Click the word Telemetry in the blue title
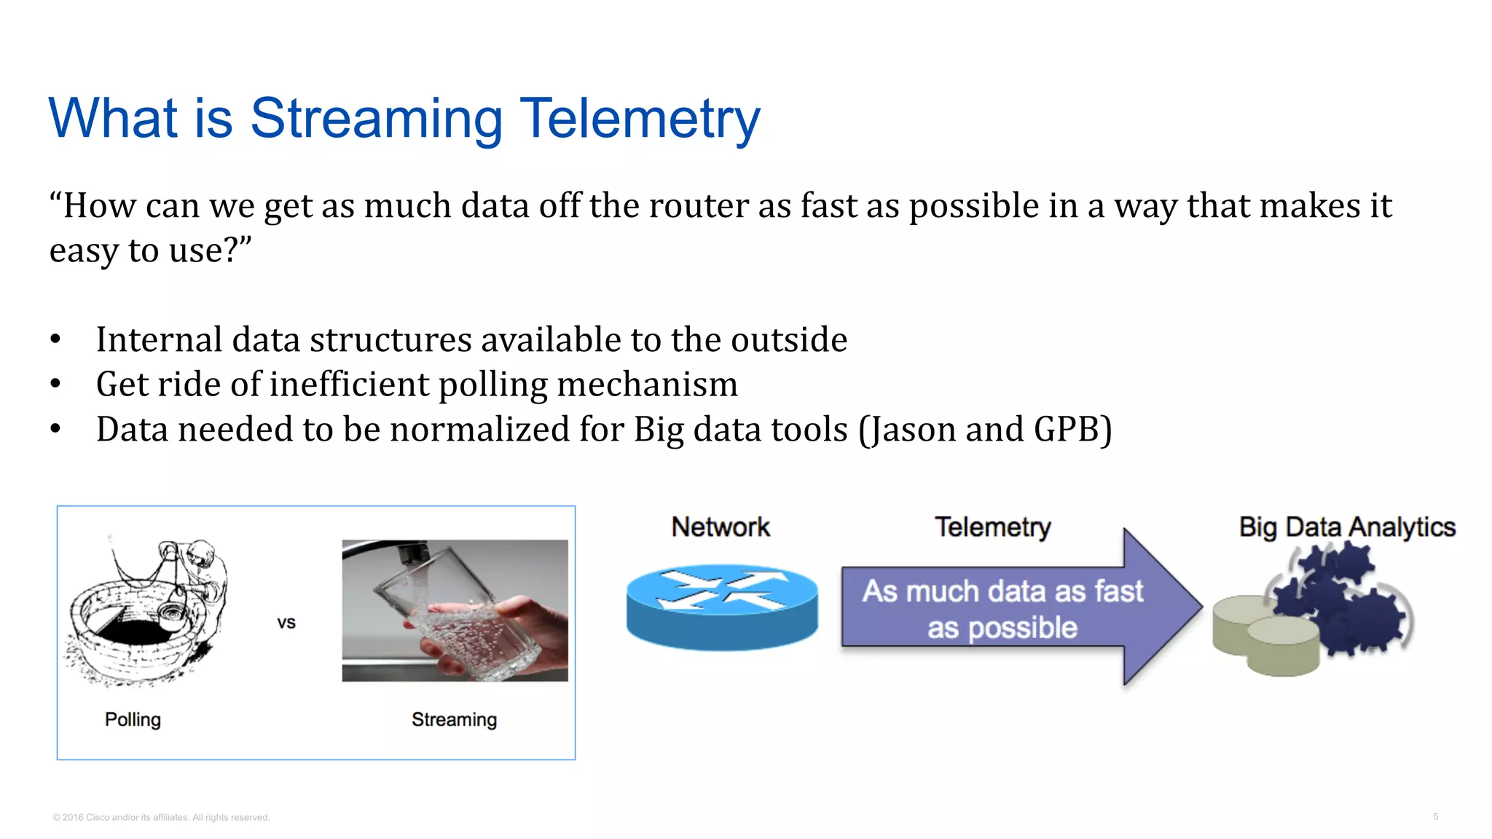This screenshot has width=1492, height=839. pos(640,118)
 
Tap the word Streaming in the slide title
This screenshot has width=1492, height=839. pos(376,118)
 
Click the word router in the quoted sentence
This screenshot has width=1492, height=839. pos(699,206)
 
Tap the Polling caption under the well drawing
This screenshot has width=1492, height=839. pos(133,720)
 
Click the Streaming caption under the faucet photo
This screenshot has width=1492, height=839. pos(454,720)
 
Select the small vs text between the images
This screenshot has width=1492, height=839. pos(286,623)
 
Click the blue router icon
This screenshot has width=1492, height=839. pos(721,606)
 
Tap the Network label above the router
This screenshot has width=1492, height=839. pos(720,527)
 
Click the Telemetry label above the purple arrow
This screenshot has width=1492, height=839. pos(992,527)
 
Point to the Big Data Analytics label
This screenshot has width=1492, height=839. pos(1346,527)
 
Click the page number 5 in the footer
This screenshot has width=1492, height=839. pos(1435,816)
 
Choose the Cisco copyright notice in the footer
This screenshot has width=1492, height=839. pos(161,817)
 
